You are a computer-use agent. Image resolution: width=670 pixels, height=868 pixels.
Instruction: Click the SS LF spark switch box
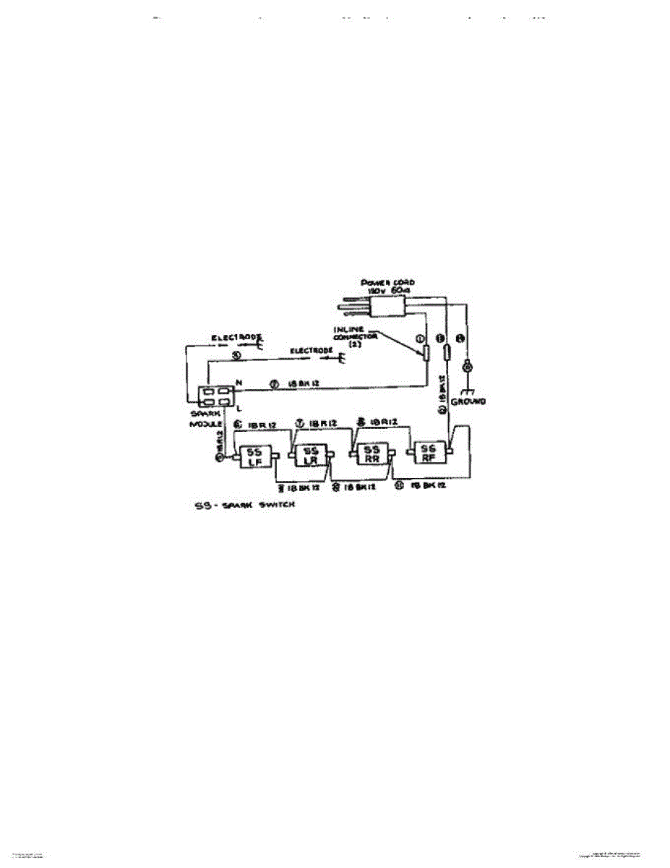pyautogui.click(x=259, y=456)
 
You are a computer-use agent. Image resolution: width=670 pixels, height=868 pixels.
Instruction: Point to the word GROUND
pyautogui.click(x=469, y=401)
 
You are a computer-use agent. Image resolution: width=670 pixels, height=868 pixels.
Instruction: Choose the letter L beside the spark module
pyautogui.click(x=238, y=409)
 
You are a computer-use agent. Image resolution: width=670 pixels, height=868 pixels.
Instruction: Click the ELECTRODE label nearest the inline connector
pyautogui.click(x=311, y=351)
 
